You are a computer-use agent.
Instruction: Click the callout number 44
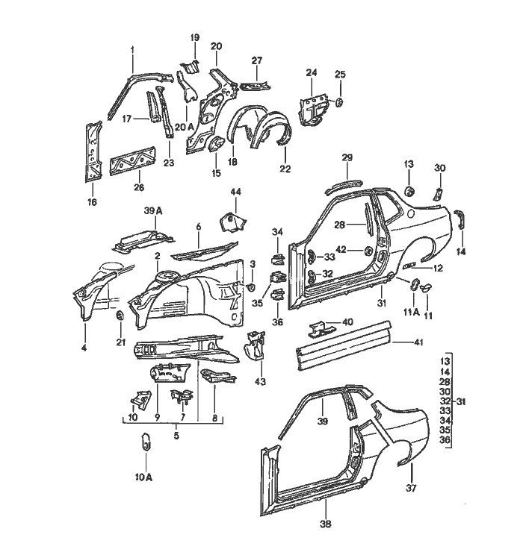click(x=235, y=192)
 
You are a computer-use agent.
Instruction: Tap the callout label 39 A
click(x=153, y=212)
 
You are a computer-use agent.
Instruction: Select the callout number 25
click(x=339, y=74)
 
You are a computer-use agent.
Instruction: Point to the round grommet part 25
click(x=338, y=101)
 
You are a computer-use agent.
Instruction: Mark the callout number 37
click(x=409, y=489)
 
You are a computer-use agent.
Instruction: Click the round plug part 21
click(x=120, y=319)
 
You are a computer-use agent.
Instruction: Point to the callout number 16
click(x=92, y=201)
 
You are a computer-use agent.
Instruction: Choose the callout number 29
click(x=347, y=157)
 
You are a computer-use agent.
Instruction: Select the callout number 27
click(x=256, y=60)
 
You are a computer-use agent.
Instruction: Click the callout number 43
click(x=261, y=381)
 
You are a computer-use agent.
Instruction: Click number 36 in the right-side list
click(x=446, y=441)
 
